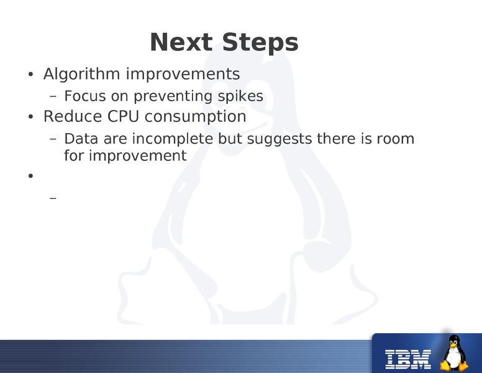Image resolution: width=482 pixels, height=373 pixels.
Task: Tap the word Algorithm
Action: point(82,75)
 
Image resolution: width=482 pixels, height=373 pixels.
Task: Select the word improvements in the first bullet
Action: point(183,75)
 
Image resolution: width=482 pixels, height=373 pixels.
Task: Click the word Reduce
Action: point(68,117)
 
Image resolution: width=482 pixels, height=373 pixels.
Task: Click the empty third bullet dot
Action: point(30,176)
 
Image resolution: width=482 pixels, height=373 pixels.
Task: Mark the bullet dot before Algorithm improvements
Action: point(30,75)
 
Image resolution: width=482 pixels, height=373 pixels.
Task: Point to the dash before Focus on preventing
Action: point(52,97)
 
